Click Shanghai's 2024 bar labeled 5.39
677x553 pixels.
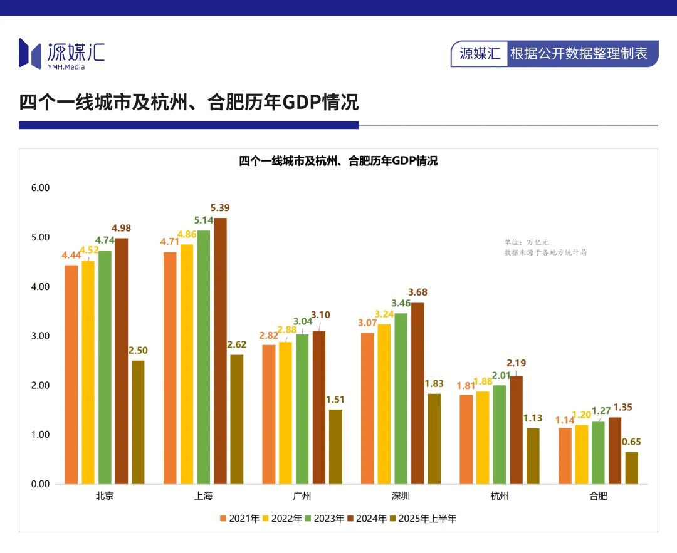(220, 351)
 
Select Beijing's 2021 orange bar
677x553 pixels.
(71, 375)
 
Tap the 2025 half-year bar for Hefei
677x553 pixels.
(632, 468)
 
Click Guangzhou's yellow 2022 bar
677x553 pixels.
(285, 413)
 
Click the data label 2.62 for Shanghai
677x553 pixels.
(236, 344)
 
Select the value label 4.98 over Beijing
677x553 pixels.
(121, 228)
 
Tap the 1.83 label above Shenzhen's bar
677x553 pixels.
(434, 383)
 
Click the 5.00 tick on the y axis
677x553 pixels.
(40, 237)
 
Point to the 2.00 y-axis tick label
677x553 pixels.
(40, 385)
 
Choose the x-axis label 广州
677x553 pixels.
(302, 497)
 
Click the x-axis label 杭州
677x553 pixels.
(500, 497)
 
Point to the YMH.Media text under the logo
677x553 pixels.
(66, 67)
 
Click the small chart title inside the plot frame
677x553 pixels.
(338, 161)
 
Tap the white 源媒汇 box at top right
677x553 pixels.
(480, 54)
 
